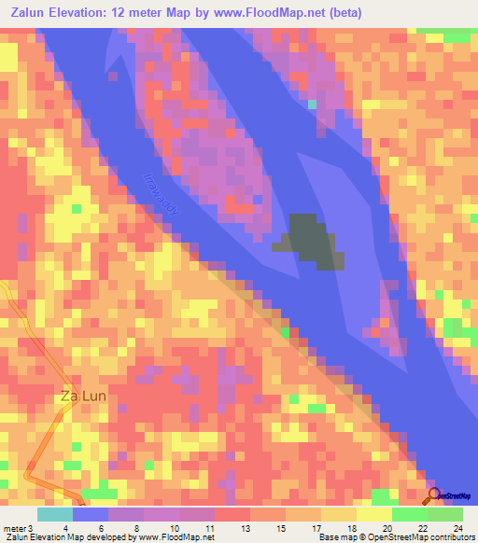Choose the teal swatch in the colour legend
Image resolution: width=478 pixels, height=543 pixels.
tap(55, 515)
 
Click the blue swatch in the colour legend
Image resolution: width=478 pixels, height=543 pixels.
tap(91, 515)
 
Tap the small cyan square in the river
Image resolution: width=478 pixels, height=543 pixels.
tap(313, 104)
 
